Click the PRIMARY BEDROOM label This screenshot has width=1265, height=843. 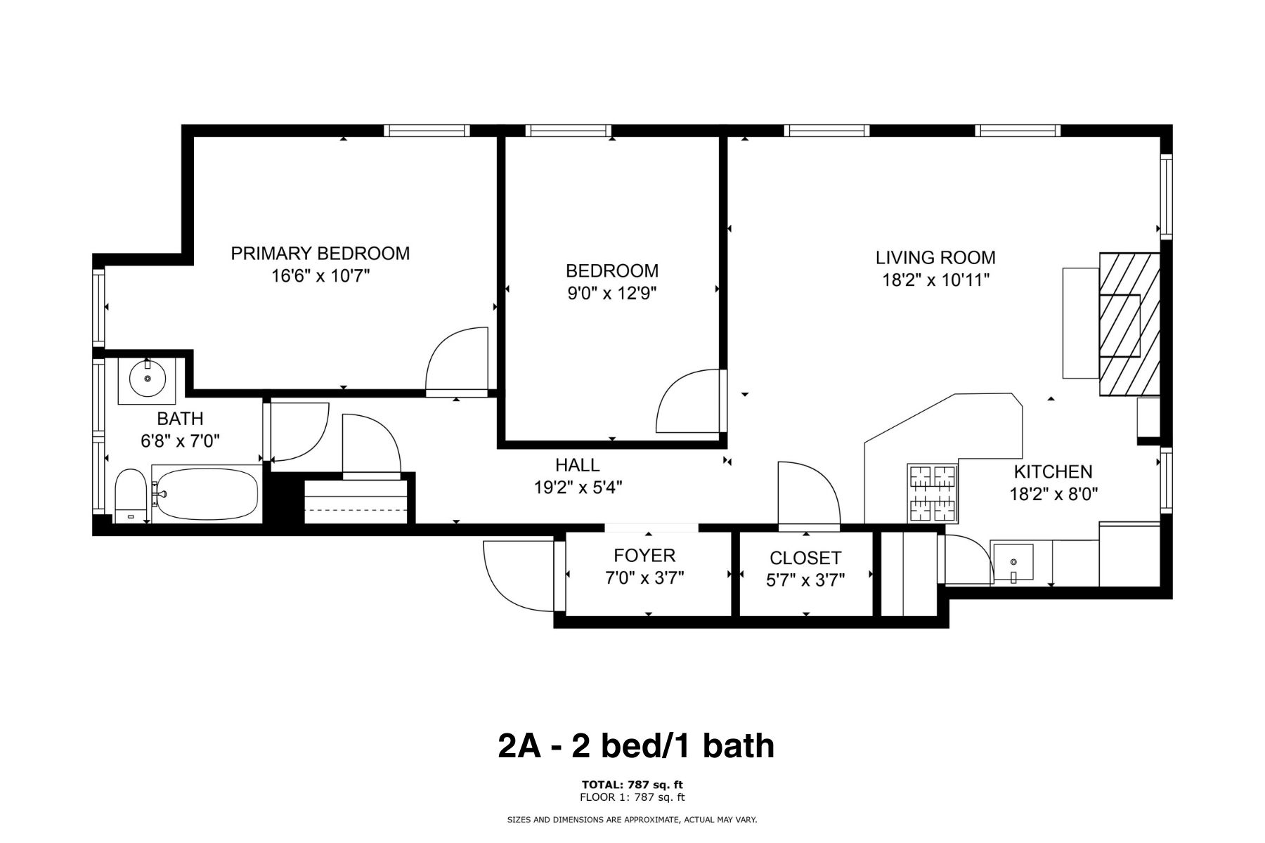(x=320, y=254)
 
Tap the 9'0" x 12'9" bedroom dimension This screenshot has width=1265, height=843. (x=612, y=293)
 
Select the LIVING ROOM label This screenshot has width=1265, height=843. (x=935, y=258)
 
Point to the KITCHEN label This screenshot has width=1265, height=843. (x=1053, y=471)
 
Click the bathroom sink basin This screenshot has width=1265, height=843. (x=148, y=379)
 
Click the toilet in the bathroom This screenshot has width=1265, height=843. (x=130, y=496)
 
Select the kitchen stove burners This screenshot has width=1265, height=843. (x=933, y=493)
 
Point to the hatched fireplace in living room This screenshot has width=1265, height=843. (x=1129, y=325)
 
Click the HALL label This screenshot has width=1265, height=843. (x=577, y=465)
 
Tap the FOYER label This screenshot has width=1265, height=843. (x=644, y=556)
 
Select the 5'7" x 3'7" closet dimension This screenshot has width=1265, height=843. (x=805, y=580)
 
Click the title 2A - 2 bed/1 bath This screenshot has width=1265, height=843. (x=636, y=746)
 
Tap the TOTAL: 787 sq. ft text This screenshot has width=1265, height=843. (x=632, y=785)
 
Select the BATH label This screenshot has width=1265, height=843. (x=180, y=419)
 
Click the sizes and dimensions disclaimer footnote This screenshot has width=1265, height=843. (x=632, y=820)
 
